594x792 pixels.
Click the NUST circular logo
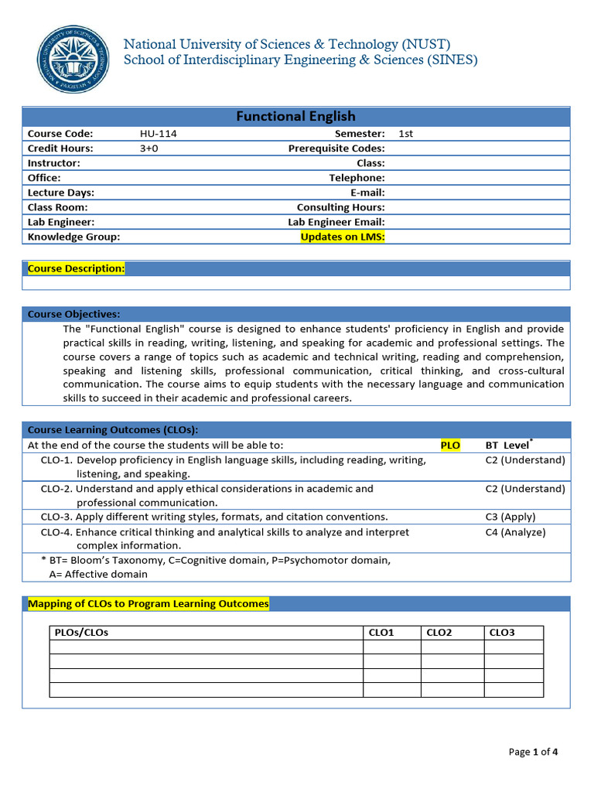click(x=73, y=60)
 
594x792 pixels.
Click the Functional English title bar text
click(x=295, y=116)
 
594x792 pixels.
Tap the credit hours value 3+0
click(x=148, y=148)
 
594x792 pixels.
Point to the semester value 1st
click(x=405, y=134)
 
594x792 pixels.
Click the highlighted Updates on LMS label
click(x=342, y=237)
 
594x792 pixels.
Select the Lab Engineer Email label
click(x=336, y=222)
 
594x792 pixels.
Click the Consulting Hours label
click(x=340, y=207)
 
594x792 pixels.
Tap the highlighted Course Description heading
click(x=76, y=268)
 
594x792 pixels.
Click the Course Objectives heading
click(x=73, y=314)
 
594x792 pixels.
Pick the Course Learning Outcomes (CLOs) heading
click(x=113, y=429)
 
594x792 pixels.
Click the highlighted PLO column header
click(x=450, y=445)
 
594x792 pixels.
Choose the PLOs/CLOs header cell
click(x=82, y=633)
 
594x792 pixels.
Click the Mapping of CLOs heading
click(x=148, y=603)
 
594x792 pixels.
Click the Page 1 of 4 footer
click(x=533, y=752)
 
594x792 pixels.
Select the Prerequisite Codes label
click(x=336, y=148)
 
